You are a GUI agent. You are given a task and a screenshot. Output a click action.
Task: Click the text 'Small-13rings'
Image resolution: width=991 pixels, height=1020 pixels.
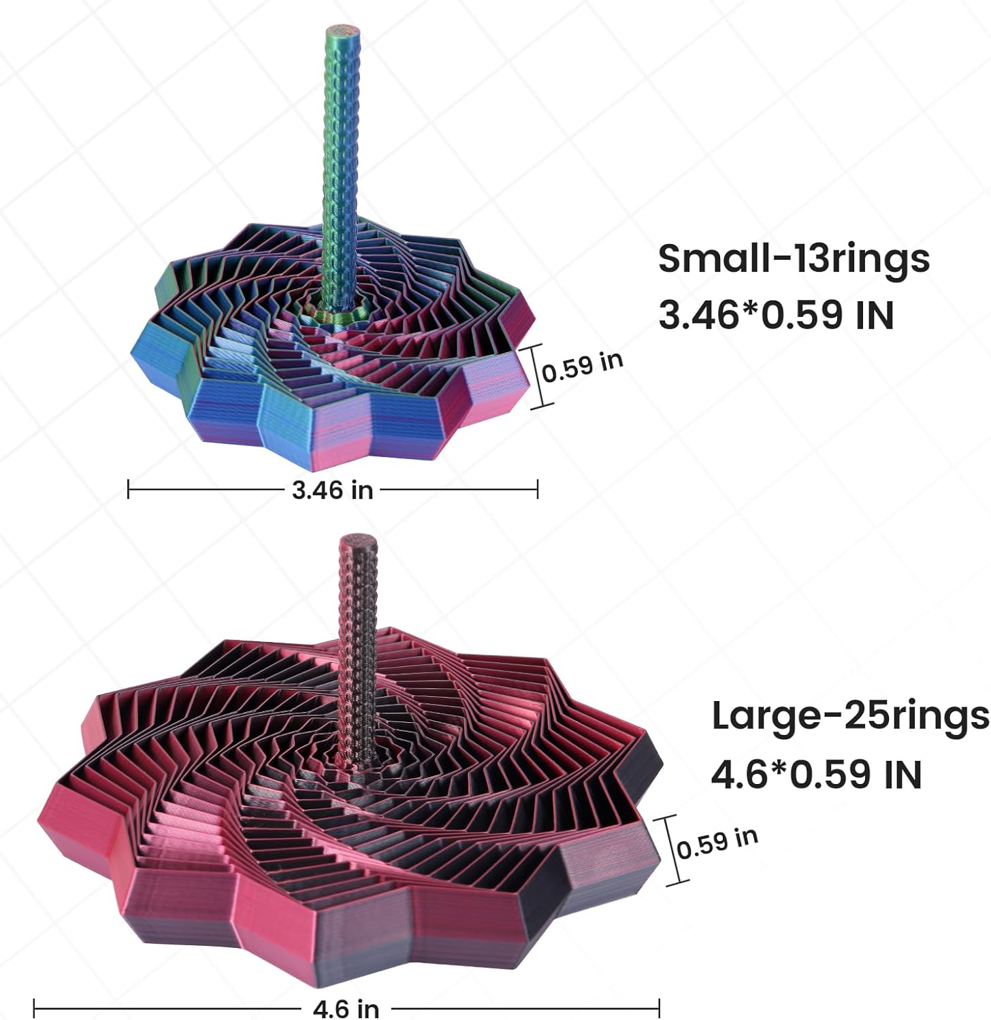coord(793,260)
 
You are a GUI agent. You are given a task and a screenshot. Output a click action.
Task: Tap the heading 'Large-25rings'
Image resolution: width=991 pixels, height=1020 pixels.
coord(849,717)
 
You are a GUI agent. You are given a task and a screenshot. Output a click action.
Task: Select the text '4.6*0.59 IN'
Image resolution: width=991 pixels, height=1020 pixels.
coord(816,775)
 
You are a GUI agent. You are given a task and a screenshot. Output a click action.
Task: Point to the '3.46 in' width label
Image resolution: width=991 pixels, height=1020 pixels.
coord(332,489)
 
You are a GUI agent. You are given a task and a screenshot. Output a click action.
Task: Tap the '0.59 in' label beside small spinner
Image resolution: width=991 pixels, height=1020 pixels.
coord(583,367)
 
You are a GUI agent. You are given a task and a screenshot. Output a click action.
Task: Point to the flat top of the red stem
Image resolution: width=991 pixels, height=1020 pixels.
coord(359,541)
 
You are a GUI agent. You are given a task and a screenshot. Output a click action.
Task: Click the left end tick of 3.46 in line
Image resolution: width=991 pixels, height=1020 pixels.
coord(129,489)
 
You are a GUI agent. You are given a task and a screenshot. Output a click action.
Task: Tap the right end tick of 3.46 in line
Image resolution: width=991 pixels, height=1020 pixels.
coord(538,489)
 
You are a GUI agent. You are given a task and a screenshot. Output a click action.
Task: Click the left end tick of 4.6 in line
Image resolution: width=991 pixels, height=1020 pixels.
coord(34,1007)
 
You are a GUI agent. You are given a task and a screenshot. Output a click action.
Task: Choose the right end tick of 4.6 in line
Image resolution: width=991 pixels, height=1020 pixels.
coord(659,1007)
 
